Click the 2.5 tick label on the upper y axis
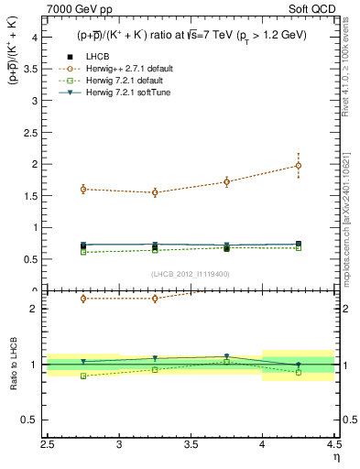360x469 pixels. [30, 132]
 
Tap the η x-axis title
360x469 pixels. [335, 456]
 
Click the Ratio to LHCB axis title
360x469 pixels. [12, 365]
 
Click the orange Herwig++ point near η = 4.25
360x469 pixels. [298, 166]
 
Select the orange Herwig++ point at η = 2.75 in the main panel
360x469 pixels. [83, 190]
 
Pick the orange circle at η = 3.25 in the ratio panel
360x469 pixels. [155, 299]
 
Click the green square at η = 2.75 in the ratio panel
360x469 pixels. [83, 376]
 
